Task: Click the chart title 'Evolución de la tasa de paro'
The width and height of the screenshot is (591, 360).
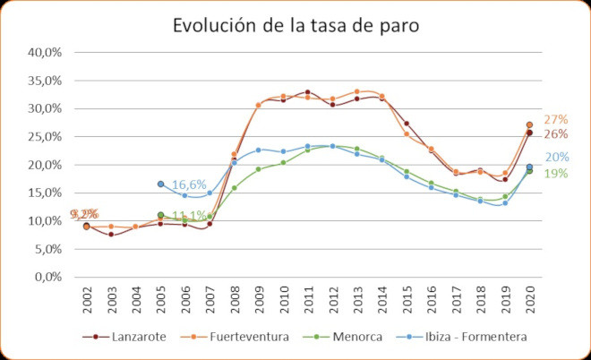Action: [x=295, y=26]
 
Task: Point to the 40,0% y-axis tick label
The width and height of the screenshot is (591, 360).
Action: [x=43, y=53]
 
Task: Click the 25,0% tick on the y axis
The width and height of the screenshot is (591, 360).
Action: [x=43, y=137]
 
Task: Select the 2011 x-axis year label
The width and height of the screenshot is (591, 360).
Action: [x=308, y=302]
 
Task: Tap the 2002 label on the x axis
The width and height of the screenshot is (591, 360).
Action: [x=87, y=302]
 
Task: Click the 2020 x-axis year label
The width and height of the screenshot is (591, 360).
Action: [x=529, y=302]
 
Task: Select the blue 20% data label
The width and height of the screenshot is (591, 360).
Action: [x=555, y=159]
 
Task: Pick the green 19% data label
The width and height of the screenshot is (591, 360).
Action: [x=555, y=174]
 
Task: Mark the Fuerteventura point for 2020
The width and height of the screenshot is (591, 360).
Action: [x=529, y=125]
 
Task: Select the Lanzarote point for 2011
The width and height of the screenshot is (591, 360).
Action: [x=308, y=92]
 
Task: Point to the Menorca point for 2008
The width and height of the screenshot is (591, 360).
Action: [x=235, y=188]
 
